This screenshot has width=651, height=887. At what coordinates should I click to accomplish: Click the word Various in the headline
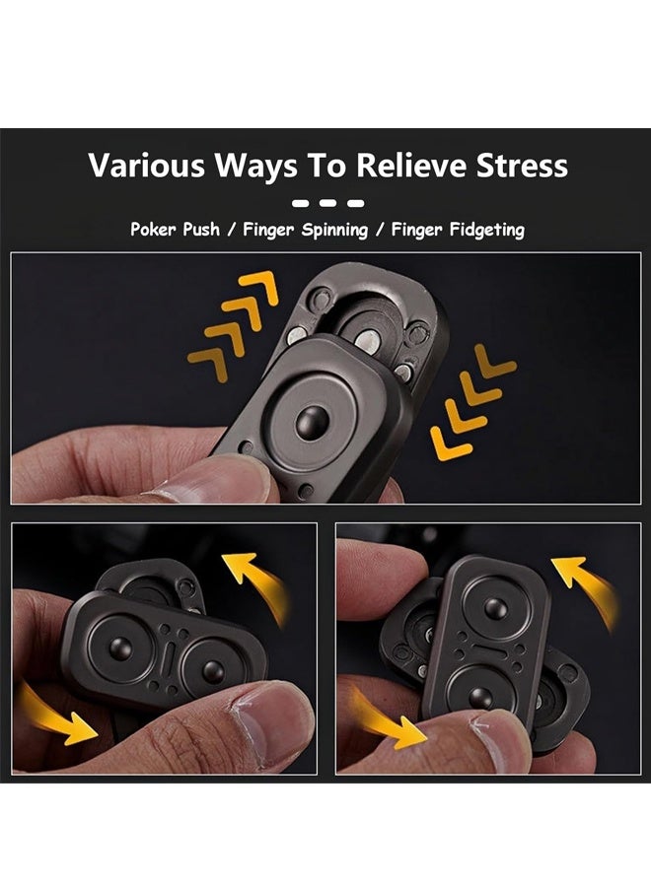point(144,166)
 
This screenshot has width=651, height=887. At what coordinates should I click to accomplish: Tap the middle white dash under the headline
point(326,203)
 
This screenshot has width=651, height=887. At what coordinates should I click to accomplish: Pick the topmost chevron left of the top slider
point(259,287)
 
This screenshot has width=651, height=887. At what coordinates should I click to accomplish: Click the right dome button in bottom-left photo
point(211,671)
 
